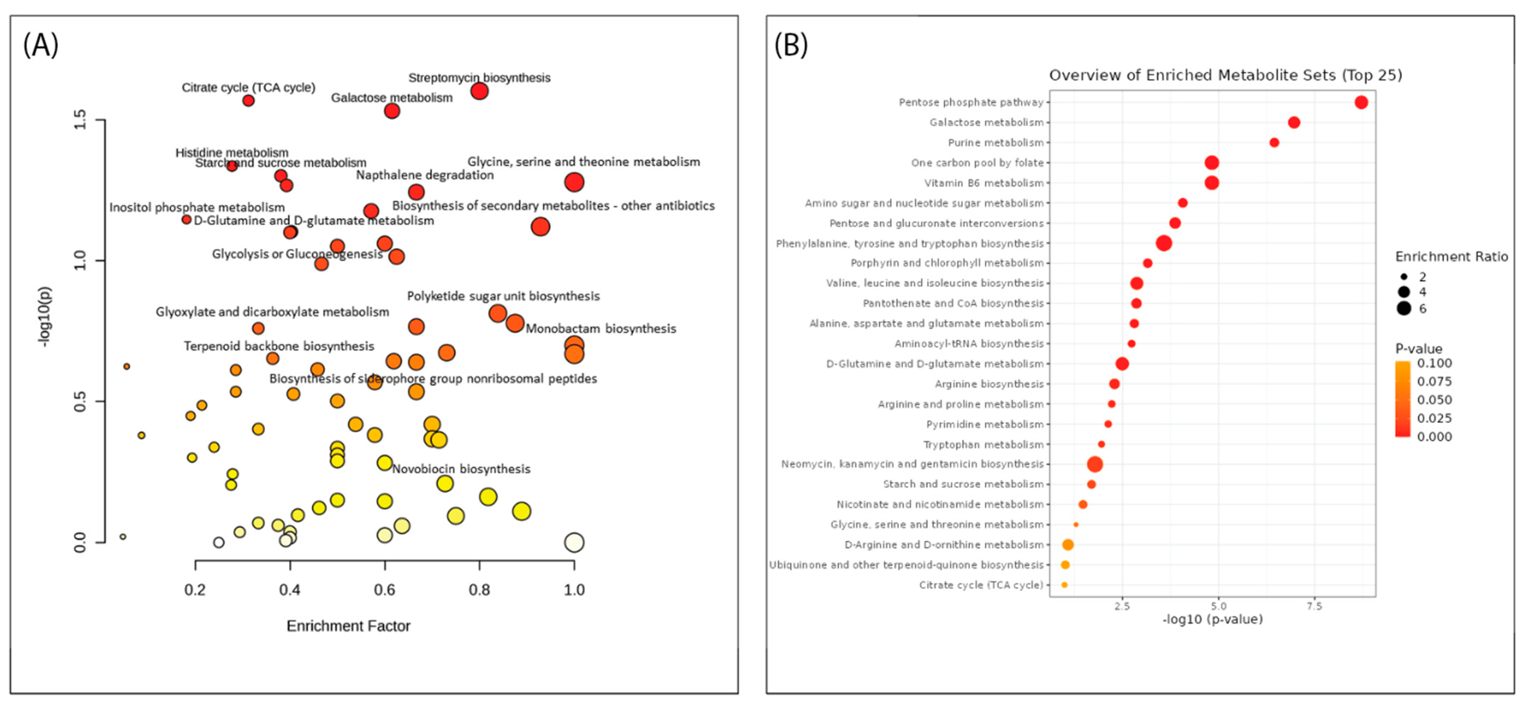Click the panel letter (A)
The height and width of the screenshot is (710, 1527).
(40, 45)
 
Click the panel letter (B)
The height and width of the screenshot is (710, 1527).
(791, 45)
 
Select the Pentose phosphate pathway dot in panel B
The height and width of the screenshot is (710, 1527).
(1361, 103)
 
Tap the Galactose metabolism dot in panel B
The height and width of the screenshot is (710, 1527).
(1294, 123)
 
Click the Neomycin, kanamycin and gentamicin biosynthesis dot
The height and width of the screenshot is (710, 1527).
(1095, 465)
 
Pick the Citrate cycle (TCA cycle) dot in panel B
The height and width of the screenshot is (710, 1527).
(1064, 585)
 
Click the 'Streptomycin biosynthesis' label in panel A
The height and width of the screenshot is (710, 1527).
(479, 78)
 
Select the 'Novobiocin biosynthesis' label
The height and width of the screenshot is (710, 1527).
(461, 469)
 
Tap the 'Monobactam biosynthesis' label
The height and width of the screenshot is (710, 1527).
(601, 328)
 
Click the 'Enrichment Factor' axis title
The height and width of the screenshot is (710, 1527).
(348, 626)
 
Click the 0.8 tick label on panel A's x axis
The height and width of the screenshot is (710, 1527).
(479, 590)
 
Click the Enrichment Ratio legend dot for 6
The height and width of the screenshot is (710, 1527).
(1403, 308)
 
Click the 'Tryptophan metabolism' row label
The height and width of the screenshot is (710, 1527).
(983, 444)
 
